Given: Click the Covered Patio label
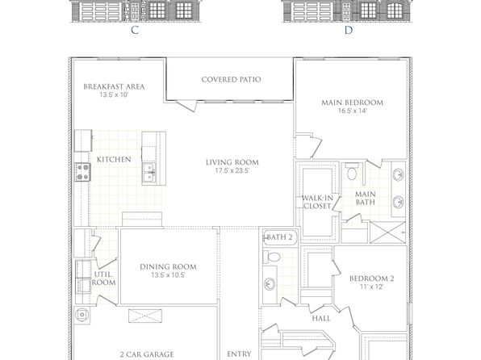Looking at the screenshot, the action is coord(232,79).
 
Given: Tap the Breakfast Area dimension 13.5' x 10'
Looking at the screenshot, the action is coord(114,94).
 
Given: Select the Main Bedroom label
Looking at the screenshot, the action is coord(353,103).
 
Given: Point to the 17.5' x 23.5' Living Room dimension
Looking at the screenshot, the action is coord(232,170).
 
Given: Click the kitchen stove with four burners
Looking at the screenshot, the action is coord(83,172).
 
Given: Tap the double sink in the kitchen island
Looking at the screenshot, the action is coord(149,173).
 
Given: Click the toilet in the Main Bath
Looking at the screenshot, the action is coord(352,171).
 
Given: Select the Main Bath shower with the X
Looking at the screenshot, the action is coord(388,232).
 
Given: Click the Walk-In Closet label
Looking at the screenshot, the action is coord(317,202).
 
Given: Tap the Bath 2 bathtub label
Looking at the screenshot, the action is coord(280,237).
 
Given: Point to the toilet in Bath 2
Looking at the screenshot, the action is coord(272,257).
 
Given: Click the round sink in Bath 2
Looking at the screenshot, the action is coord(270,283).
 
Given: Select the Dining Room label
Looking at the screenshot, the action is coord(168,266).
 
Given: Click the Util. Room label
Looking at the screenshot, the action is coord(103,278).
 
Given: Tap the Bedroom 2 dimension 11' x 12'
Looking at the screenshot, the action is coord(372,287).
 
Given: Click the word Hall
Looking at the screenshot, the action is coord(321,318).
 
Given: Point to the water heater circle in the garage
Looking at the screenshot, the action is coord(82,315).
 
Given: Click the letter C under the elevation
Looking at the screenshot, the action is coord(135,30).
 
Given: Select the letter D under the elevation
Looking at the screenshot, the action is coord(349,30).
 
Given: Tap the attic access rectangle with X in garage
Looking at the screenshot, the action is coord(144,316).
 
